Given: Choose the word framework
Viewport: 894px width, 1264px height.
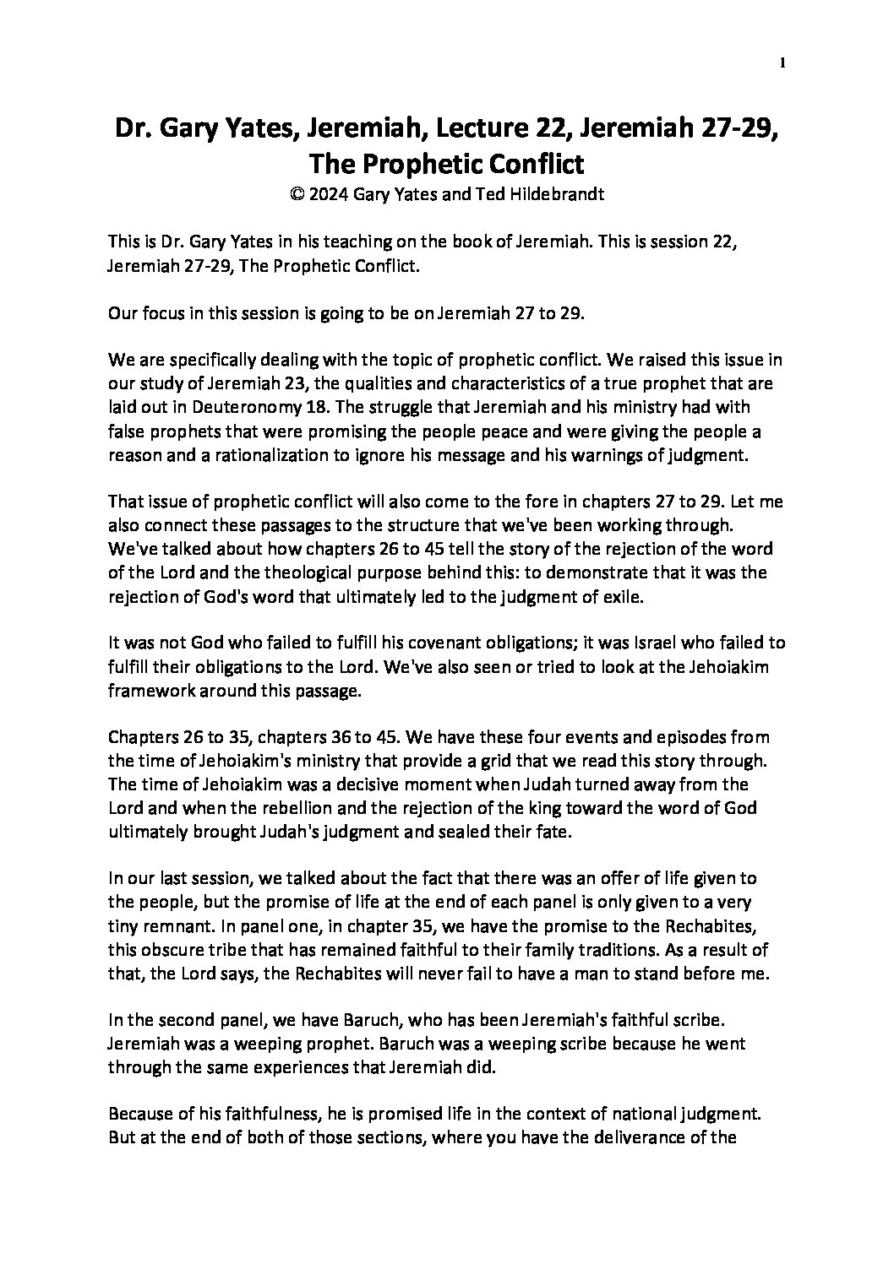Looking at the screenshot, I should (150, 690).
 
